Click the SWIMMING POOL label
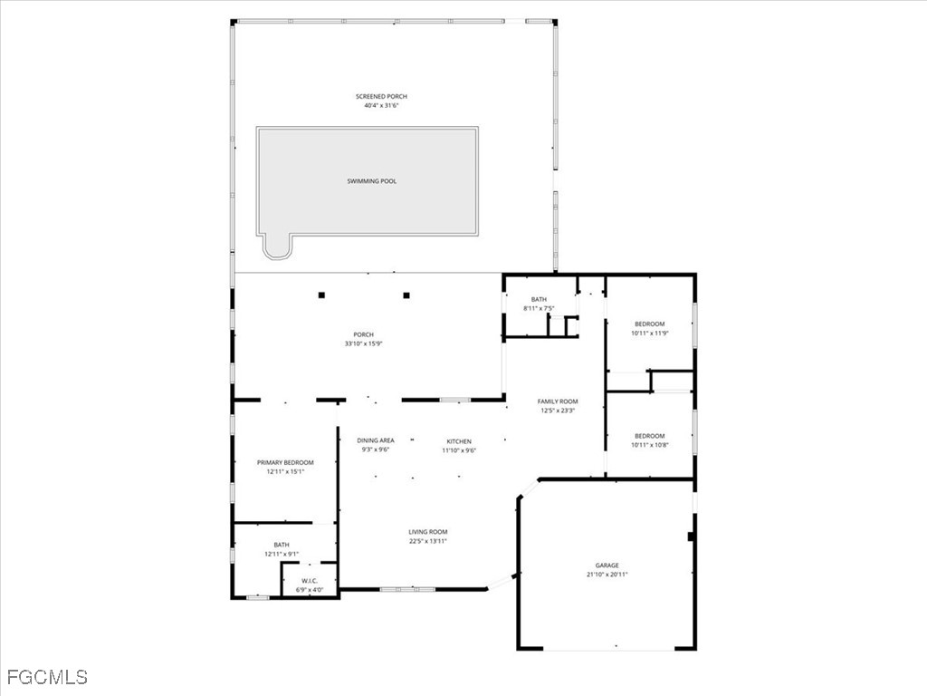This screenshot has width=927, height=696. (372, 181)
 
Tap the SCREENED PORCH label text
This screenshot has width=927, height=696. (376, 96)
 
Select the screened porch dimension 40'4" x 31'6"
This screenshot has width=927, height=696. (376, 105)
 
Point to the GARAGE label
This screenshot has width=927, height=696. (607, 565)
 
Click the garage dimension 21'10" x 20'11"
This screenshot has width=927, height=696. (607, 575)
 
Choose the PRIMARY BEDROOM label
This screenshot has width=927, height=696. (285, 462)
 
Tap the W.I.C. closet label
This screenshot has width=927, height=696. (310, 582)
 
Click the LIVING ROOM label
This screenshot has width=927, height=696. (427, 532)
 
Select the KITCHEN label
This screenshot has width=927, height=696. (459, 441)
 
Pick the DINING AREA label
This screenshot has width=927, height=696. (375, 440)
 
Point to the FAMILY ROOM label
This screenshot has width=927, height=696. (558, 401)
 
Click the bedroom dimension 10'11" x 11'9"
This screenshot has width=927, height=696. (649, 333)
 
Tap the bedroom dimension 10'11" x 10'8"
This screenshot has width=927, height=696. (649, 445)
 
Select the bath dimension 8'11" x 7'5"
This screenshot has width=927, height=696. (540, 308)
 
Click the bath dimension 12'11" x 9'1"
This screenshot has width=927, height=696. (282, 554)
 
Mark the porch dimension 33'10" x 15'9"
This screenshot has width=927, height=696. (363, 343)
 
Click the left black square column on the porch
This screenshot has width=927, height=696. (321, 295)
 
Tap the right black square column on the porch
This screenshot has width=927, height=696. (406, 295)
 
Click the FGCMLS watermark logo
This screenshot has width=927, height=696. (47, 677)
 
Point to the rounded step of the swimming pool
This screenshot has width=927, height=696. (277, 246)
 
